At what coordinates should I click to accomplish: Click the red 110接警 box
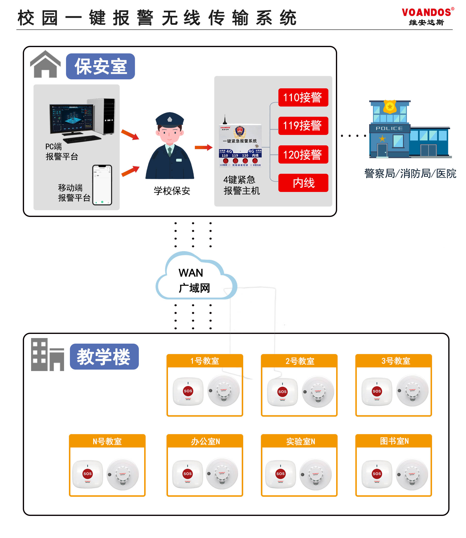(x=303, y=98)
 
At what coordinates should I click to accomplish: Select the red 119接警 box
(x=303, y=126)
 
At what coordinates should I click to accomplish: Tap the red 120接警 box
(x=303, y=154)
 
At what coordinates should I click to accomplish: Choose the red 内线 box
(x=303, y=183)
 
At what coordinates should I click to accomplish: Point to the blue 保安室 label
(x=100, y=66)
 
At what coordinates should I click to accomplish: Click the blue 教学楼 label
(x=104, y=356)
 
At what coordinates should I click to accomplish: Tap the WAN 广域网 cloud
(x=195, y=278)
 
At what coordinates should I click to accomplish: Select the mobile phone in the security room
(x=102, y=185)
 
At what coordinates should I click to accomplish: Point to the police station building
(x=410, y=130)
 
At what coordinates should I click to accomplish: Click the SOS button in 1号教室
(x=188, y=391)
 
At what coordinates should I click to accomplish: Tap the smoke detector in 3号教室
(x=412, y=391)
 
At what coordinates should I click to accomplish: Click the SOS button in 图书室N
(x=376, y=473)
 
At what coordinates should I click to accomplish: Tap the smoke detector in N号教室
(x=123, y=474)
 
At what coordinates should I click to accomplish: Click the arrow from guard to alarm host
(x=203, y=148)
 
